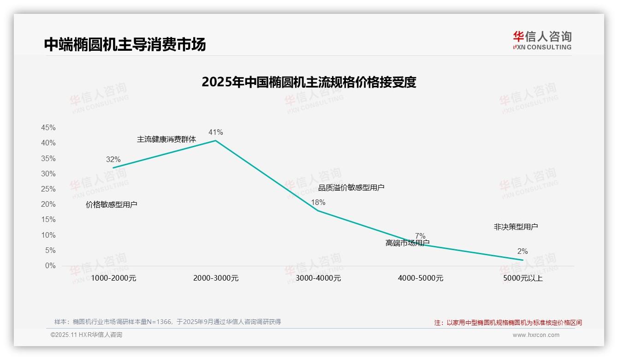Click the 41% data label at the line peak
(215, 132)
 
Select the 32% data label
(113, 159)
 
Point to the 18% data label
(318, 202)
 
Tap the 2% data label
(523, 252)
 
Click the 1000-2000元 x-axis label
(113, 278)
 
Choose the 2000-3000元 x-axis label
(216, 278)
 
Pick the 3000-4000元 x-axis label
(318, 278)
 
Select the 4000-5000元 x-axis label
(421, 278)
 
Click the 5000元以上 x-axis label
(523, 278)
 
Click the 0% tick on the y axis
(50, 266)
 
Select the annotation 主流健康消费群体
(166, 139)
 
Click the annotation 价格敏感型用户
(112, 204)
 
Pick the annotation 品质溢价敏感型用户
(351, 187)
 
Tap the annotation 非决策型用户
(516, 227)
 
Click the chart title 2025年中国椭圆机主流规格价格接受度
(309, 82)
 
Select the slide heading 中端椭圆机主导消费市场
(125, 44)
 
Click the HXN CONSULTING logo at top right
(542, 40)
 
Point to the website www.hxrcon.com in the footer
(536, 335)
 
